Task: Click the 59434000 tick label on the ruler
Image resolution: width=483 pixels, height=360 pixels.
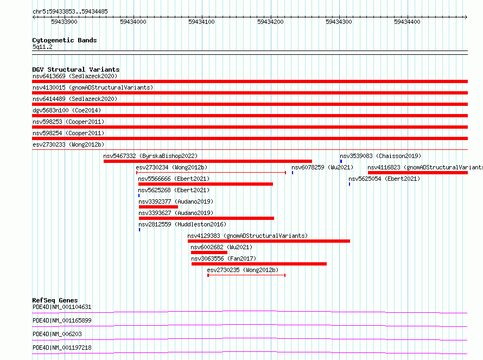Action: tap(133, 22)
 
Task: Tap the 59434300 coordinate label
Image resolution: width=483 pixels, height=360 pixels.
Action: tap(339, 22)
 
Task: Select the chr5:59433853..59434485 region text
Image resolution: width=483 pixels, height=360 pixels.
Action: tap(70, 12)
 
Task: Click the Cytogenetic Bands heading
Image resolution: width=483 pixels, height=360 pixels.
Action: tap(65, 40)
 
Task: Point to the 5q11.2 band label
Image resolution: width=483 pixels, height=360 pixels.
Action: tap(42, 47)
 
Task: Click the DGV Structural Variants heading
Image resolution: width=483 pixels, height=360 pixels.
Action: tap(76, 70)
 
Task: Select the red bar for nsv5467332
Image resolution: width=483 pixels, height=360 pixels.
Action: tap(208, 161)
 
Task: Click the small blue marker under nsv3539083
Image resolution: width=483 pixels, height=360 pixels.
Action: tap(341, 161)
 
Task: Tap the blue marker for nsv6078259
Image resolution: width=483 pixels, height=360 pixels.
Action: tap(293, 173)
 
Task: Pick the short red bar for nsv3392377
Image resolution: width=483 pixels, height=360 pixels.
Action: tap(158, 207)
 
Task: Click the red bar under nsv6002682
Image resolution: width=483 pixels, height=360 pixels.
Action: tap(209, 252)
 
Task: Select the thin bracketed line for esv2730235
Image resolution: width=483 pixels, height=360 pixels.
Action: tap(246, 275)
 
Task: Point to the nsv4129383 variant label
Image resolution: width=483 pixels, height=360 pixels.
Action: tap(204, 236)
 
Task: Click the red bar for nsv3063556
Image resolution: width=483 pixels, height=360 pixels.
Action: tap(259, 264)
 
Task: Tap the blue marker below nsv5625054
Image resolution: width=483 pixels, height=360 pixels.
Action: tap(349, 184)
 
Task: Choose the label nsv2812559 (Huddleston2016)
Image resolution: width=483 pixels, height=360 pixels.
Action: tap(182, 224)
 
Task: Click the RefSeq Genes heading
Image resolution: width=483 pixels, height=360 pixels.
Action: tap(55, 300)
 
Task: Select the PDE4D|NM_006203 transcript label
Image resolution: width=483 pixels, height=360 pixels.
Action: tap(58, 334)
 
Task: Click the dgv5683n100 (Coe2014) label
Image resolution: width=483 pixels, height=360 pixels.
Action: tap(67, 110)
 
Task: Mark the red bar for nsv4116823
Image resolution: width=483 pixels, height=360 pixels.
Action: tap(418, 173)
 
